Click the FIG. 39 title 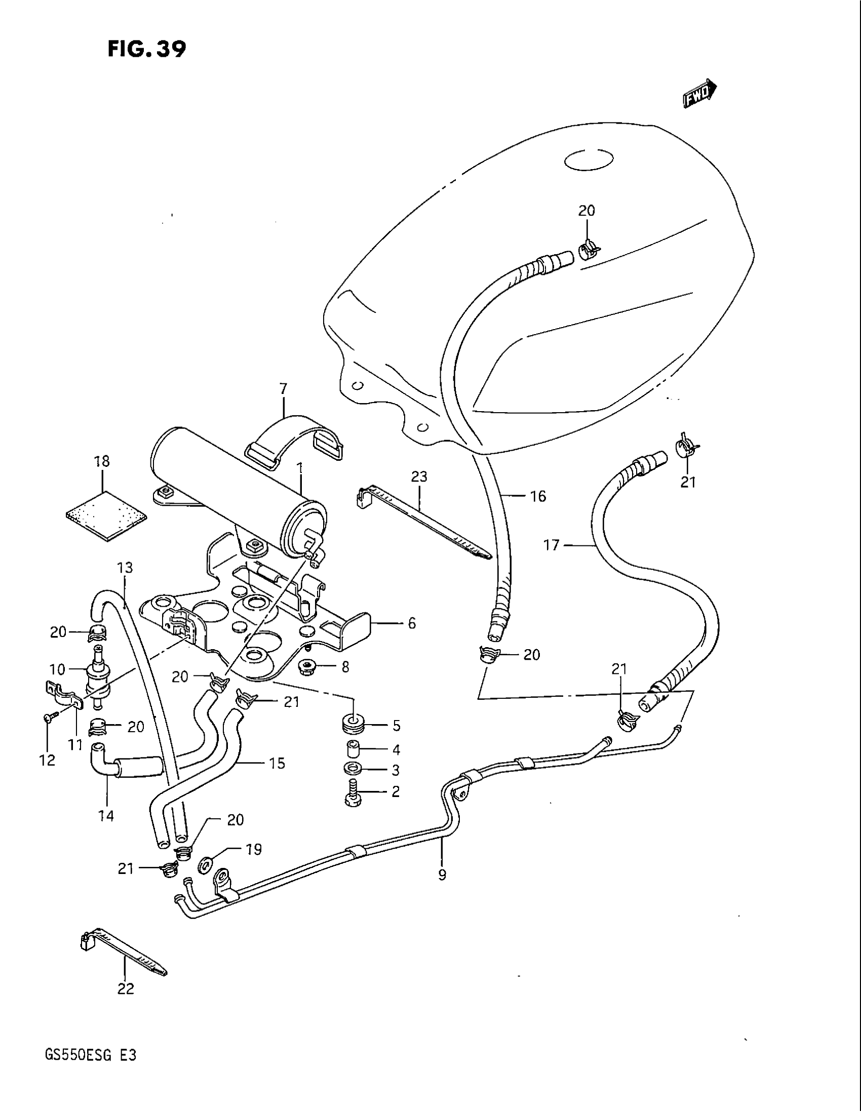[x=146, y=49]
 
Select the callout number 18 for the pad [x=102, y=461]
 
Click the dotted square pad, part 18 [x=106, y=516]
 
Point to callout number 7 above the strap [x=284, y=389]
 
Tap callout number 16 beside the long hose [x=538, y=496]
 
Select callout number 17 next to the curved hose [x=552, y=545]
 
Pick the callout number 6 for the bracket [x=411, y=623]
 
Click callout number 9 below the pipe [x=442, y=875]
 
